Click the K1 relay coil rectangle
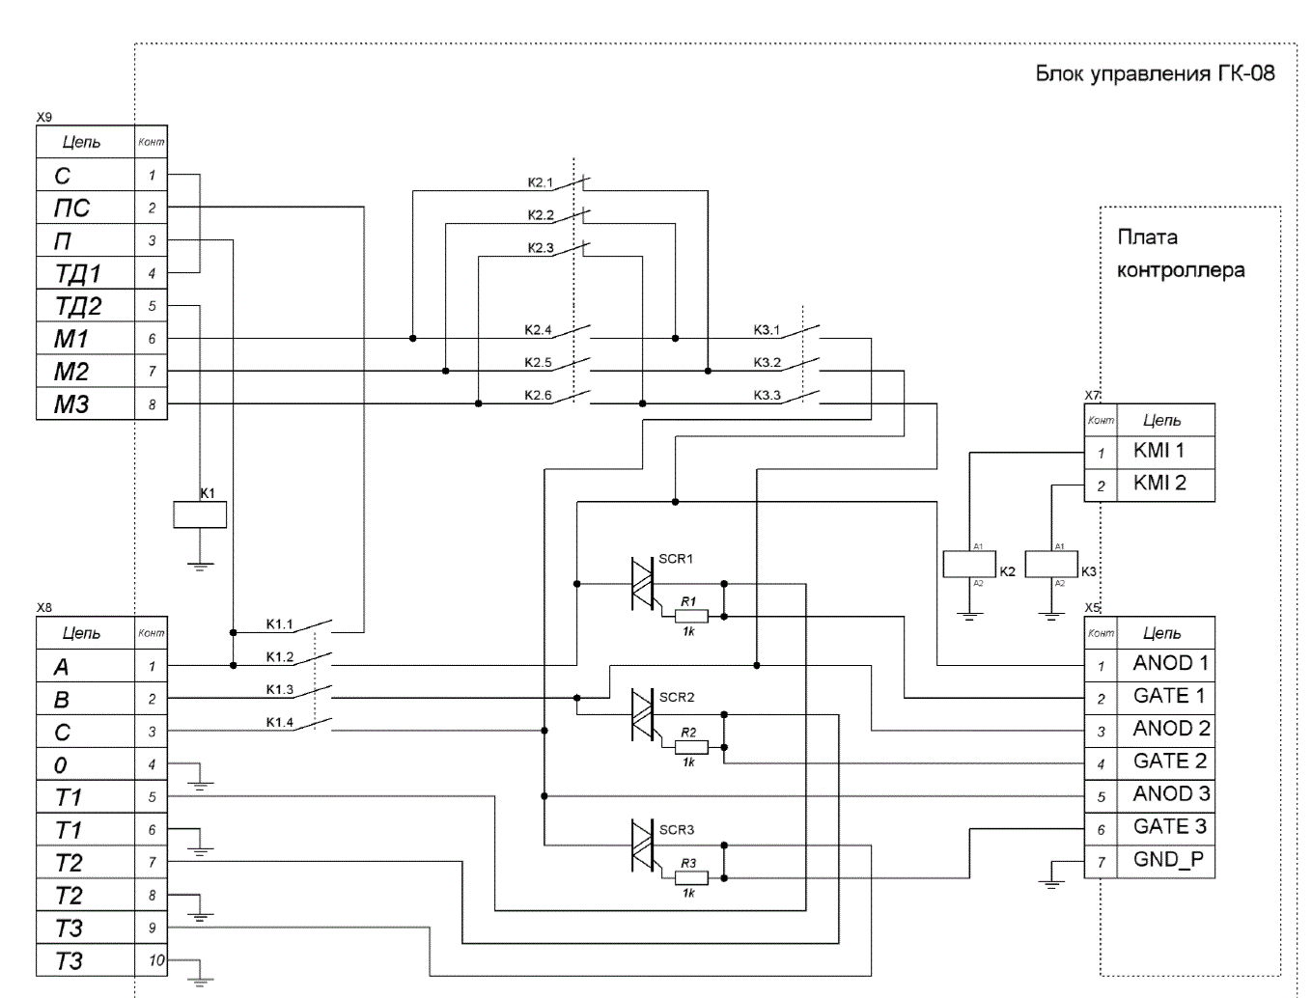(x=200, y=514)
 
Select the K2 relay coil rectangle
(x=969, y=564)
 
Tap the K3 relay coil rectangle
(x=1051, y=564)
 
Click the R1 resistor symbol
(x=691, y=616)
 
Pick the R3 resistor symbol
(x=691, y=877)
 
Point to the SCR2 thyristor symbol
(x=643, y=714)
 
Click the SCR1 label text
(x=676, y=559)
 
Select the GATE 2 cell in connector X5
(x=1166, y=763)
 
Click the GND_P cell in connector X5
(x=1166, y=861)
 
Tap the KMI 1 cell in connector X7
(x=1166, y=452)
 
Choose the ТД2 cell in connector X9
(x=85, y=306)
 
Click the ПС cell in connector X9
(x=85, y=208)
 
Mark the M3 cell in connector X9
(x=85, y=403)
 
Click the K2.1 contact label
(x=540, y=182)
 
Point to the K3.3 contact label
(x=767, y=395)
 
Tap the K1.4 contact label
(x=280, y=722)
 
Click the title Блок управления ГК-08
(x=1156, y=73)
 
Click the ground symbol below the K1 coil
(x=200, y=567)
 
